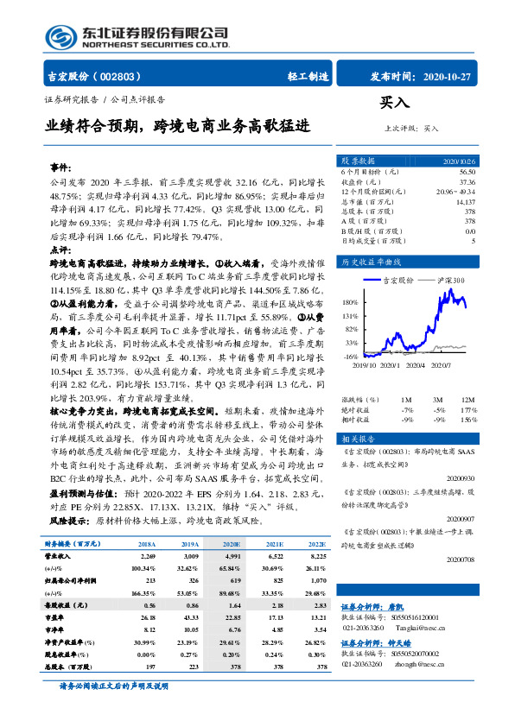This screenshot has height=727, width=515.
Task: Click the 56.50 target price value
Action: pyautogui.click(x=467, y=172)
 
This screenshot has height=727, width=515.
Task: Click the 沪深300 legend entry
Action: pyautogui.click(x=450, y=281)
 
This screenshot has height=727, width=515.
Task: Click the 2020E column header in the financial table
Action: pyautogui.click(x=228, y=546)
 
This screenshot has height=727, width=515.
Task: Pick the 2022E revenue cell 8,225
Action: pyautogui.click(x=315, y=558)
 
